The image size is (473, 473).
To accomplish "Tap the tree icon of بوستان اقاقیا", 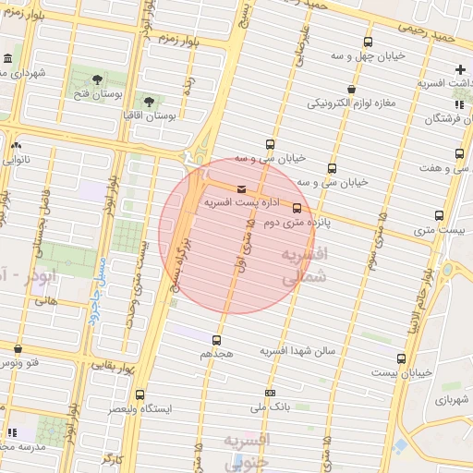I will pos(149,101).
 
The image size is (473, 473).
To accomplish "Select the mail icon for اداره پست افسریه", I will pos(241,188).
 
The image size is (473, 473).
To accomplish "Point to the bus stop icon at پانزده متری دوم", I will pos(297,208).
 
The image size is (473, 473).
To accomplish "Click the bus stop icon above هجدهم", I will pos(217,340).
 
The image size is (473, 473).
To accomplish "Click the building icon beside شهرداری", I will pos(8,60).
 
